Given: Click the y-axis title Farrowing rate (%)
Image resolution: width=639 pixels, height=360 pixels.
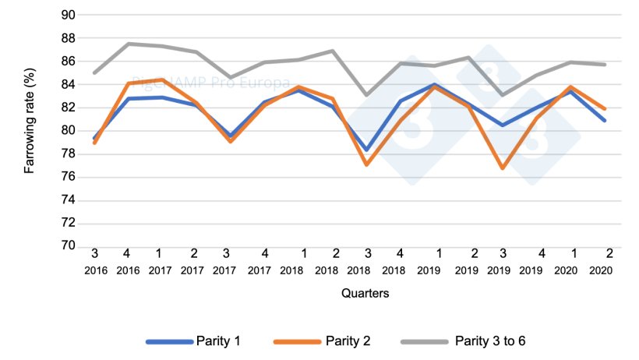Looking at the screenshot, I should click(30, 130).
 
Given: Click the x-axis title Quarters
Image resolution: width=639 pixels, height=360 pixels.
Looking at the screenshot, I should click(365, 294).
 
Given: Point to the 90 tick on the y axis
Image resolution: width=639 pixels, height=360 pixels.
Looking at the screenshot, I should click(68, 15).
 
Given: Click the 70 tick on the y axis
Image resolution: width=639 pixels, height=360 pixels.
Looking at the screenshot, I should click(68, 246).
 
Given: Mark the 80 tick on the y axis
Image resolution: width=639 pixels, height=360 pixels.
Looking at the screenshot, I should click(68, 130).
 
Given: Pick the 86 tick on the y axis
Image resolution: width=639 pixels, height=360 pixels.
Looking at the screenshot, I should click(68, 61).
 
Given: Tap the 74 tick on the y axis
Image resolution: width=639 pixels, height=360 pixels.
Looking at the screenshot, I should click(68, 200).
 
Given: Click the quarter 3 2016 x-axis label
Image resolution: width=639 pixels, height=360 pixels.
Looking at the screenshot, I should click(94, 261).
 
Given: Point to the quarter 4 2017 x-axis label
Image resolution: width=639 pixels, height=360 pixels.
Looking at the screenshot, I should click(264, 261).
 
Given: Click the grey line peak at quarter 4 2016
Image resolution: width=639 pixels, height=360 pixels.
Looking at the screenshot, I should click(128, 44).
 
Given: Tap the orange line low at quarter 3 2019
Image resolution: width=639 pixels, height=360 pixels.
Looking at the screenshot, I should click(503, 168).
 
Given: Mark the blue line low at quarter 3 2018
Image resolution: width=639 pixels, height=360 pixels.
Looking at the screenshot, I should click(366, 150).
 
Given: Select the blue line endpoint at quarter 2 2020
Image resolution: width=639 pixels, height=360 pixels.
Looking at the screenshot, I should click(605, 120).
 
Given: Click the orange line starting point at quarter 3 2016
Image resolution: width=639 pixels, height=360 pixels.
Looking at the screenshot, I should click(94, 143).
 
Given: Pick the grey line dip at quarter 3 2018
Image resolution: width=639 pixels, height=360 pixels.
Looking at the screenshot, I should click(366, 95).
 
